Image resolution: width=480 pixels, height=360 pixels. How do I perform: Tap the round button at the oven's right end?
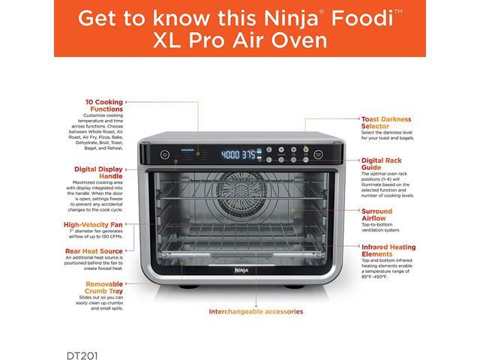point(317,154)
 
